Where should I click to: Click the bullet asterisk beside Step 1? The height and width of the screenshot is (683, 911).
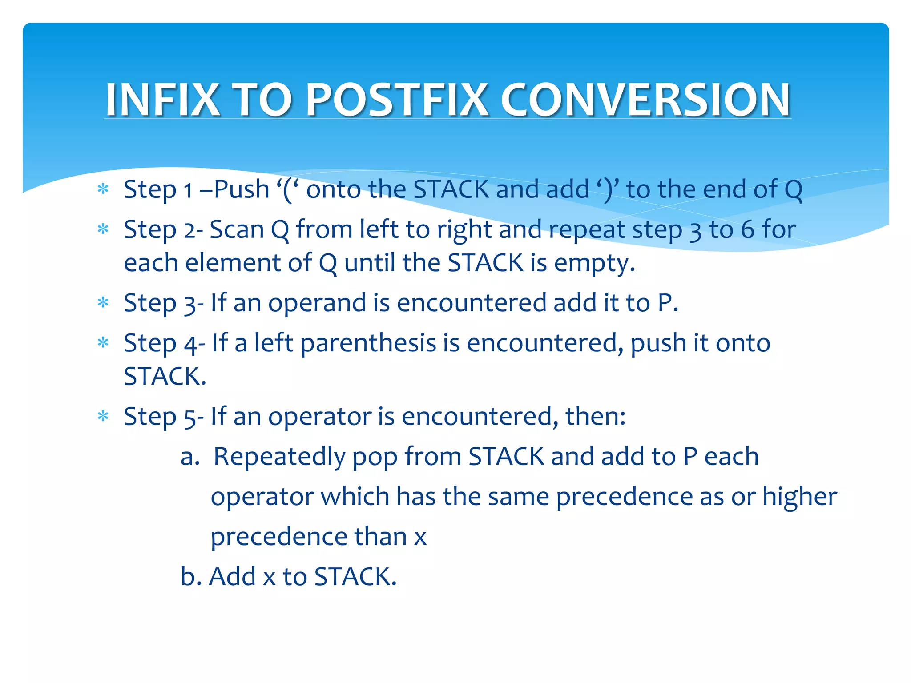(x=103, y=190)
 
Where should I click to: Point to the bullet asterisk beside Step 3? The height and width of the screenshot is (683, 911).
(x=103, y=303)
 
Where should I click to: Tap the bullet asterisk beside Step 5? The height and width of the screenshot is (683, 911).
(x=103, y=417)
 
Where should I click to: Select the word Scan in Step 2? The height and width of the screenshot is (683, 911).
(x=236, y=230)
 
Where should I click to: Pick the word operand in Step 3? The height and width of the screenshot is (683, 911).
(x=317, y=303)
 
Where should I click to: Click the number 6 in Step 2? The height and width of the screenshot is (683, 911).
(x=747, y=230)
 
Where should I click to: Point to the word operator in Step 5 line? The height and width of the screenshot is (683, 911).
(x=319, y=417)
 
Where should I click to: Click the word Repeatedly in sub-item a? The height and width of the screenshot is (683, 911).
(x=279, y=457)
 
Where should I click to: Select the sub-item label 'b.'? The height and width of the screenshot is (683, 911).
(x=191, y=576)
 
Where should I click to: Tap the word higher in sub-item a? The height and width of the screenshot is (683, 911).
(x=799, y=497)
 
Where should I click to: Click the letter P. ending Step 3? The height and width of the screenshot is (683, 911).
(x=667, y=303)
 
